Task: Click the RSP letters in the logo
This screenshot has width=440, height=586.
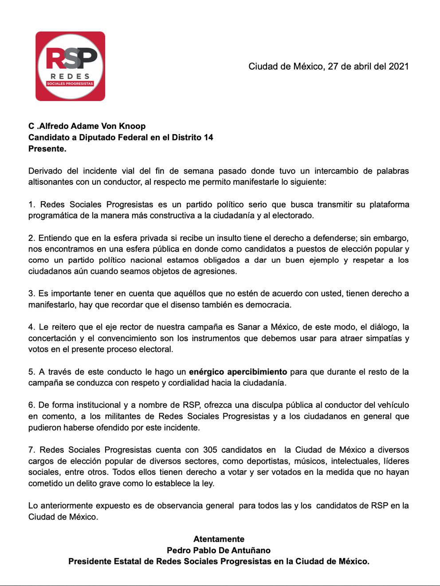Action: click(x=71, y=58)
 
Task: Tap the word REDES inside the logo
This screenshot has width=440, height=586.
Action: click(x=70, y=76)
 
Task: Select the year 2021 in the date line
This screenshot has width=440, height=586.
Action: click(x=398, y=66)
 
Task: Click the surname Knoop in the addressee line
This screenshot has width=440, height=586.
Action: click(x=132, y=126)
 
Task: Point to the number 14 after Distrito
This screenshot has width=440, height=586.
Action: click(x=208, y=137)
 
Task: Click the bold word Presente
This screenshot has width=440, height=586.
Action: click(x=47, y=149)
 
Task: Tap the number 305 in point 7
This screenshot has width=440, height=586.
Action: click(x=210, y=450)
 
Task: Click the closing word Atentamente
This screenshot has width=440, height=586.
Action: click(x=219, y=539)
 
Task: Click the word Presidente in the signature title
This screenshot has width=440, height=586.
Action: click(x=90, y=561)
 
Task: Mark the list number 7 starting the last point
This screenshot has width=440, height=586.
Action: click(x=31, y=450)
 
